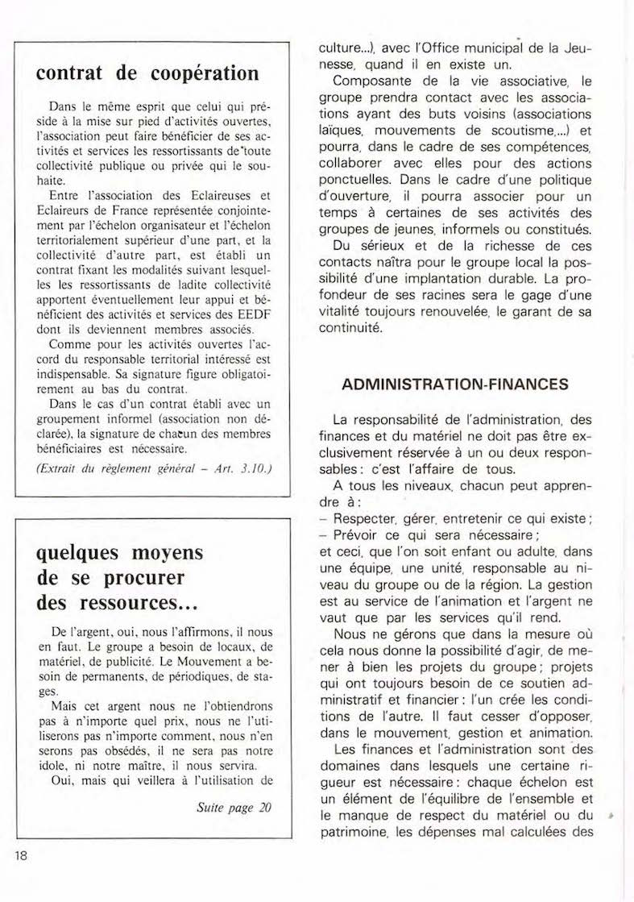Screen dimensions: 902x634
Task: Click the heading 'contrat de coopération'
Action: [x=148, y=73]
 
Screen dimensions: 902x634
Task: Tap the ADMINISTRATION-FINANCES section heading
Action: [x=455, y=384]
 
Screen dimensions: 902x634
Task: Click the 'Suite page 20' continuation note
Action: [x=234, y=808]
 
